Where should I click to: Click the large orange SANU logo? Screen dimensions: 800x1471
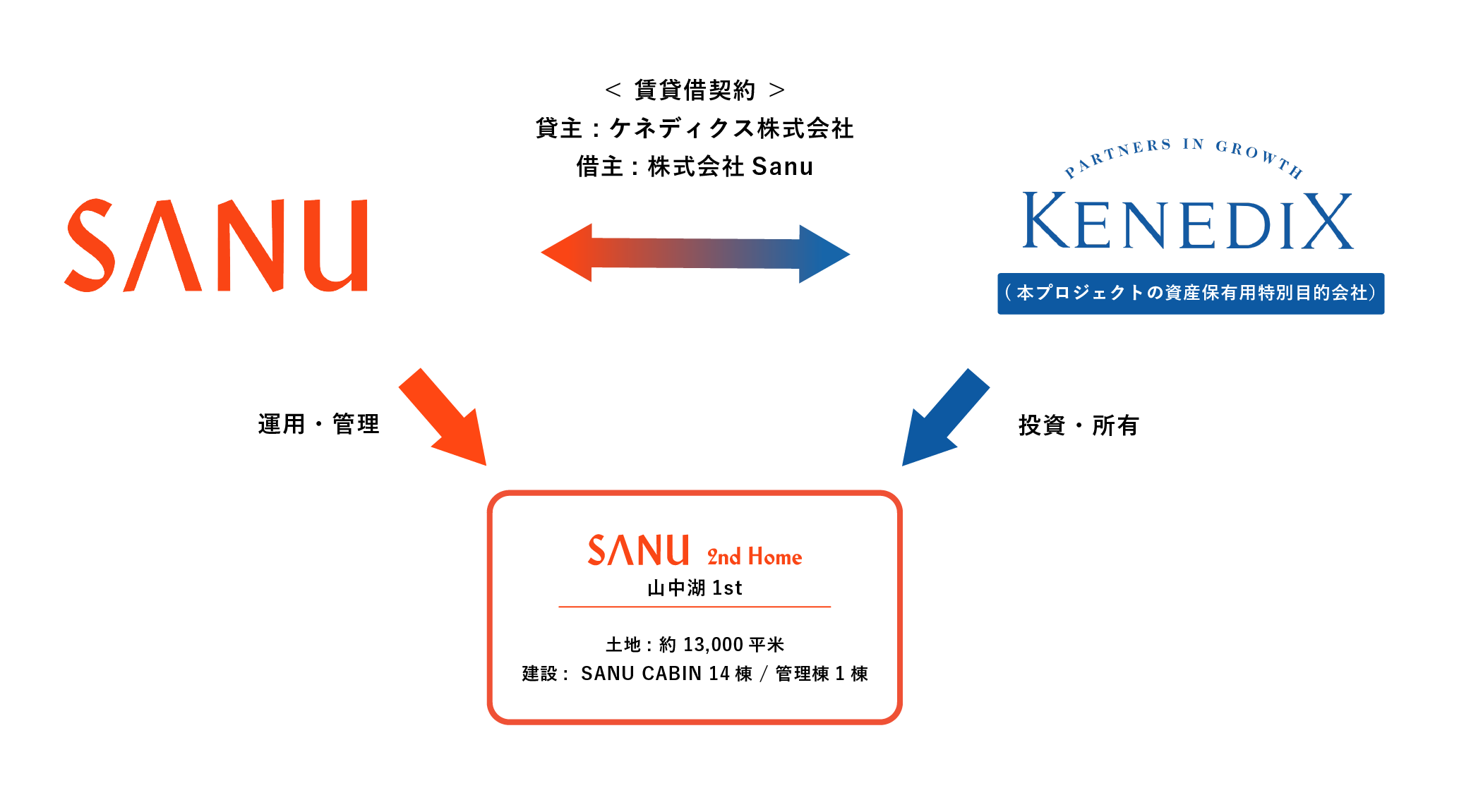coord(216,246)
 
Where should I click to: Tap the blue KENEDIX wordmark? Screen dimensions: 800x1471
coord(1188,222)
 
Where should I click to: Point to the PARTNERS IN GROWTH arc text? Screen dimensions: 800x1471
coord(1183,154)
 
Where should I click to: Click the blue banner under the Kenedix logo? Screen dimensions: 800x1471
coord(1190,293)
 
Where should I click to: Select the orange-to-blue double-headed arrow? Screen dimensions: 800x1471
coord(695,253)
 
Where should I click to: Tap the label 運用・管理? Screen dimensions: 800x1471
coord(319,425)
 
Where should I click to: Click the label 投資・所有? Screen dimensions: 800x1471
coord(1079,426)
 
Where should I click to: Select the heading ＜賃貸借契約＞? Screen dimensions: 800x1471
coord(695,90)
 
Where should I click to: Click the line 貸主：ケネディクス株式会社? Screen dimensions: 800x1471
coord(695,128)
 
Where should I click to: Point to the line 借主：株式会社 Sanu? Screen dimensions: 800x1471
coord(695,167)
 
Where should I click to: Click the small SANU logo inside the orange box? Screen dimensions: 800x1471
coord(638,550)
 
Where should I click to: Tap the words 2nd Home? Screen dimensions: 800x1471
coord(755,557)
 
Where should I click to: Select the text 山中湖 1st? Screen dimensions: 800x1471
coord(695,588)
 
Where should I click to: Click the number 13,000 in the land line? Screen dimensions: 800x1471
coord(713,645)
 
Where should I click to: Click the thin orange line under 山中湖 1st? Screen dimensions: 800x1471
coord(695,607)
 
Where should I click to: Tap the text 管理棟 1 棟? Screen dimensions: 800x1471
coord(822,674)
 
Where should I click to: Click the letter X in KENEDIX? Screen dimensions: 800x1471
coord(1328,222)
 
